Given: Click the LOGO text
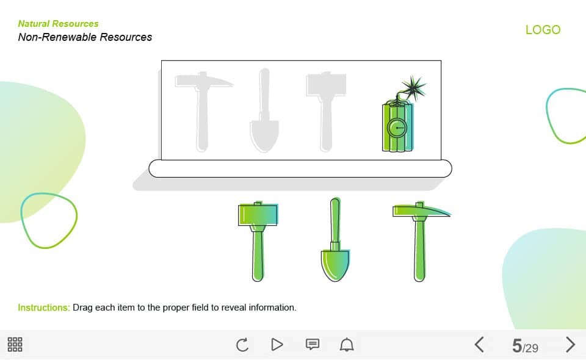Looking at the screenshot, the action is coord(543,29).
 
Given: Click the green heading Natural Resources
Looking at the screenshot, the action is coord(59,24).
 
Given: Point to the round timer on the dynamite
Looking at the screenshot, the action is coord(397,128).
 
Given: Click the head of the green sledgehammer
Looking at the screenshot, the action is coord(258,214).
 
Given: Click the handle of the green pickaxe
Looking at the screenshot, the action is coord(420,250).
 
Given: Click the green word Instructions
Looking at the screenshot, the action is coord(44,308).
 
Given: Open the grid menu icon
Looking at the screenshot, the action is coord(15,344).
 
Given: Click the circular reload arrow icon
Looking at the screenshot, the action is coord(242,344).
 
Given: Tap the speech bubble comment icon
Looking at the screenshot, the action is coord(313,344).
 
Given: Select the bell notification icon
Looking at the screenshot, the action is coord(347,344).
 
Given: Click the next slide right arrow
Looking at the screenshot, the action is coord(570,344).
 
